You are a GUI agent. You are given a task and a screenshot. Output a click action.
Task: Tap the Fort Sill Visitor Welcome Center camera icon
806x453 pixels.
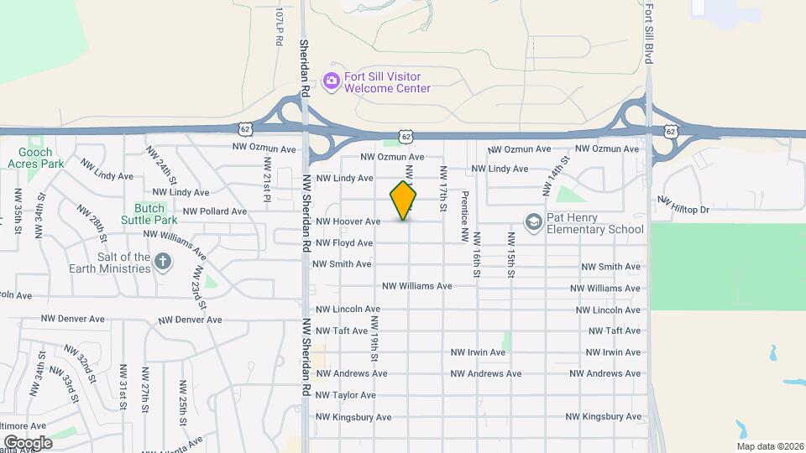pyautogui.click(x=332, y=81)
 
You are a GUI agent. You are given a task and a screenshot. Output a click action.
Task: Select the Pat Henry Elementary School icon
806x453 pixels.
pyautogui.click(x=532, y=222)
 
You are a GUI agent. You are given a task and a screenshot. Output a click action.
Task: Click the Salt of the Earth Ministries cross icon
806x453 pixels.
pyautogui.click(x=163, y=263)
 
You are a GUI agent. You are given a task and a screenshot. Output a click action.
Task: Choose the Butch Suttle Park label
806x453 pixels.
pyautogui.click(x=154, y=214)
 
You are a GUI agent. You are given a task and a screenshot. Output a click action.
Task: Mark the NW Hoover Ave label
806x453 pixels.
pyautogui.click(x=348, y=221)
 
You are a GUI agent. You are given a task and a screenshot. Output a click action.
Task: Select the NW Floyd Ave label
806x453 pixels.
pyautogui.click(x=344, y=243)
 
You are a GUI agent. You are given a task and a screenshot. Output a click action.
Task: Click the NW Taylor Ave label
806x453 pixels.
pyautogui.click(x=346, y=395)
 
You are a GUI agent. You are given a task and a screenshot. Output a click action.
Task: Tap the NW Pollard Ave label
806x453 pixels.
pyautogui.click(x=215, y=211)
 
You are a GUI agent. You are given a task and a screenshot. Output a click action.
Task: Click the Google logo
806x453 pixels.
pyautogui.click(x=27, y=443)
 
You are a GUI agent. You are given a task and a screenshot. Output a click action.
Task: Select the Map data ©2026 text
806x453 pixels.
pyautogui.click(x=769, y=446)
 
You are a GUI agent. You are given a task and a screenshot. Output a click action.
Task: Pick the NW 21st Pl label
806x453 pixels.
pyautogui.click(x=266, y=180)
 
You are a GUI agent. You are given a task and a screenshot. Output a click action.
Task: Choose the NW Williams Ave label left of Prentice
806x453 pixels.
pyautogui.click(x=416, y=286)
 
